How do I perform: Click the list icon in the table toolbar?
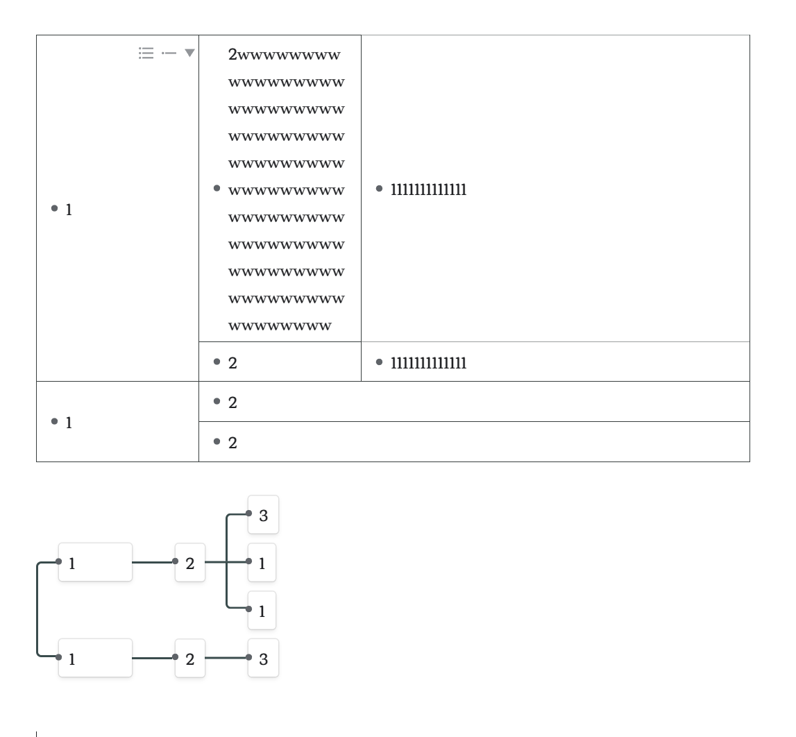click(x=146, y=53)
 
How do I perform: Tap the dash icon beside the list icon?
click(x=168, y=53)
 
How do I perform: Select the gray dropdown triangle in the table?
click(x=189, y=53)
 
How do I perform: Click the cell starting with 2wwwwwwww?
click(x=286, y=188)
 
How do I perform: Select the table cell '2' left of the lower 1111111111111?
click(x=233, y=362)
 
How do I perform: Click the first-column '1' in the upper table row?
click(x=69, y=209)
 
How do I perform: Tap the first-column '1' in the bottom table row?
click(x=69, y=422)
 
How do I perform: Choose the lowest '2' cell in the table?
click(x=233, y=442)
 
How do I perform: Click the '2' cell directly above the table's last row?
click(x=233, y=403)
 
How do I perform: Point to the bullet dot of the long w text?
click(x=217, y=188)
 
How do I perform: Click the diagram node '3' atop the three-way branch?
click(x=263, y=515)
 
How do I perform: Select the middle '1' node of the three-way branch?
click(x=262, y=563)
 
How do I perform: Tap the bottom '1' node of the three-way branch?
click(x=262, y=611)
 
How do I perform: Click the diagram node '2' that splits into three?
click(x=190, y=563)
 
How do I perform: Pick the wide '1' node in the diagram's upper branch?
click(x=95, y=563)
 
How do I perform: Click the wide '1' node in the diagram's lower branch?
click(x=95, y=658)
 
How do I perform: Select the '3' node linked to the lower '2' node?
click(x=263, y=658)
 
